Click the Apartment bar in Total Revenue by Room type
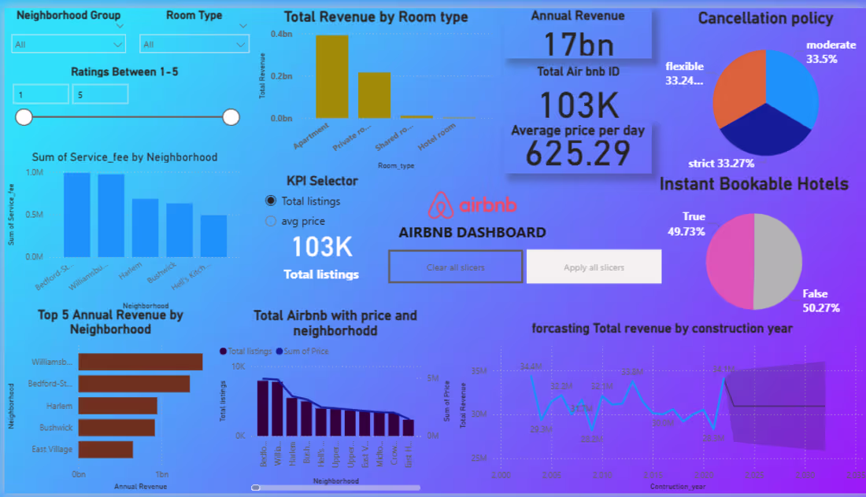click(332, 77)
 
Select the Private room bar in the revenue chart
click(374, 95)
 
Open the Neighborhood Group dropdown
click(68, 44)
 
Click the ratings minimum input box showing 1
click(41, 94)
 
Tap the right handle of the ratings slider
click(231, 117)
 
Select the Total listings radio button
click(272, 201)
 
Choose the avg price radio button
click(272, 222)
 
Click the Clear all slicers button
click(455, 267)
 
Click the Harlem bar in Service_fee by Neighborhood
click(145, 228)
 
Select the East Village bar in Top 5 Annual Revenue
click(105, 449)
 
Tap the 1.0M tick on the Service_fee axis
click(35, 172)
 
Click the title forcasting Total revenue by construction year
click(662, 328)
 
